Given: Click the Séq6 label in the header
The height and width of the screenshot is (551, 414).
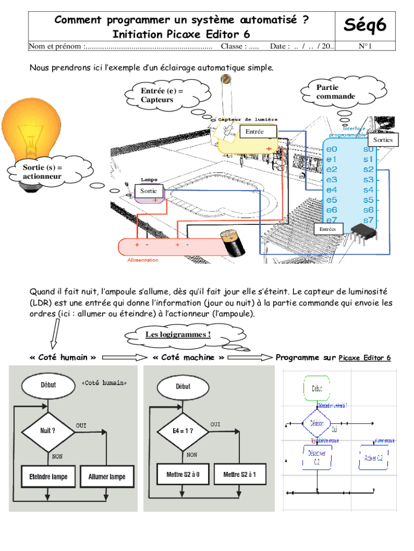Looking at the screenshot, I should point(365,25).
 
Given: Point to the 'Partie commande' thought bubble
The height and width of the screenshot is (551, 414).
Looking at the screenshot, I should point(336,92).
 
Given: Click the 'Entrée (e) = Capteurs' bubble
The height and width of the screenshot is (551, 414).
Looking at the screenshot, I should point(162,96).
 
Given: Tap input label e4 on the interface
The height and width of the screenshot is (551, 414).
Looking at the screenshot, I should point(332,190).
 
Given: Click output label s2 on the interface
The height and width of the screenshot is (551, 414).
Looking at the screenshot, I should point(368,169).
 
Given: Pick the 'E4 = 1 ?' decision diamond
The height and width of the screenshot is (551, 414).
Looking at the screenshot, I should point(183,430).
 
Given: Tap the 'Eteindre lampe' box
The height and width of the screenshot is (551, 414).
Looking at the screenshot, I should point(48,477).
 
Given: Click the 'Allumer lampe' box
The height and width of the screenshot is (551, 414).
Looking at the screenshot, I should point(107,477).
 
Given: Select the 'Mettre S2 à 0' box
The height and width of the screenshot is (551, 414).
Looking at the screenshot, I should point(183,475).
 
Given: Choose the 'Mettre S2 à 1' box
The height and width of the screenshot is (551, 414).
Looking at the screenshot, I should point(240,475).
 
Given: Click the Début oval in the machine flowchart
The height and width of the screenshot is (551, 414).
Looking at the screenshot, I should point(183,386).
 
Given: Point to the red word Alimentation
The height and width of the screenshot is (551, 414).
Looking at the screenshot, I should point(142,260).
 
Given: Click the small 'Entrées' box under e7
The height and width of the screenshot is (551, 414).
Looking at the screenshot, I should point(327,229).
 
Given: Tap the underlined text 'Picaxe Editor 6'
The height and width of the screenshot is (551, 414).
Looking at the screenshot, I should point(365,358).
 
